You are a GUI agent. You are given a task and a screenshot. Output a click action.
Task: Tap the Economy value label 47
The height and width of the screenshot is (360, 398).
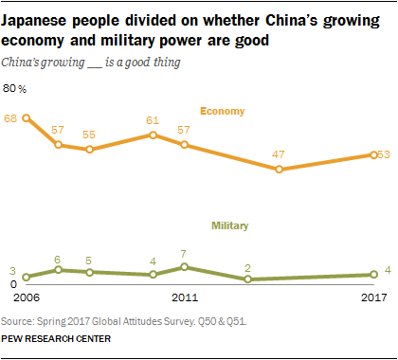point(251,153)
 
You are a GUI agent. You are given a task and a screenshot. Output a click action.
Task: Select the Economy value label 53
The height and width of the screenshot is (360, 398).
point(384,154)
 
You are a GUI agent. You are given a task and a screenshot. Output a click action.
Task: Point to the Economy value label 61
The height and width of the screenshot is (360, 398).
point(153,120)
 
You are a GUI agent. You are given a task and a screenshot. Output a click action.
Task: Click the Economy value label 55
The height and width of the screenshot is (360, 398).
point(89,134)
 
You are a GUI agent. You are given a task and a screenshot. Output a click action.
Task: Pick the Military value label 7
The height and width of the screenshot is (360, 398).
point(185,254)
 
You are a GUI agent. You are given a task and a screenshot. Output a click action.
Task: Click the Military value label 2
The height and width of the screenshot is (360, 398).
point(247,267)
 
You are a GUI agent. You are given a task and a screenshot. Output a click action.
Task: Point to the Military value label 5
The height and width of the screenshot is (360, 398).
point(89,260)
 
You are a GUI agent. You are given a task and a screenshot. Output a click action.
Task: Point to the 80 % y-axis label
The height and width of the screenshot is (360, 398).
point(16,88)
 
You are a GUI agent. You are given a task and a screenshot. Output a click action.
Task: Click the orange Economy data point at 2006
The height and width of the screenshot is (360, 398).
point(27,118)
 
